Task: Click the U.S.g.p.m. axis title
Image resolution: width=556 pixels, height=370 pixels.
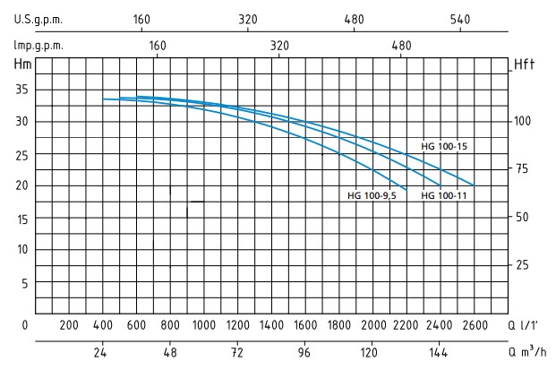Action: pos(37,19)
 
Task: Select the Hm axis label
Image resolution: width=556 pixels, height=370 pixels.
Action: pos(22,64)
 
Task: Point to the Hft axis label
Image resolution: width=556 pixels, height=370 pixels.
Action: pos(524,65)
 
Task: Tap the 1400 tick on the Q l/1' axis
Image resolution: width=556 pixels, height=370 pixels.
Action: pos(271,325)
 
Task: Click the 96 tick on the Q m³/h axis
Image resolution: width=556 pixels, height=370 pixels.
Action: pos(304,351)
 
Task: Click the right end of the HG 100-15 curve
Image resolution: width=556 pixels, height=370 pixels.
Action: pos(474,185)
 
